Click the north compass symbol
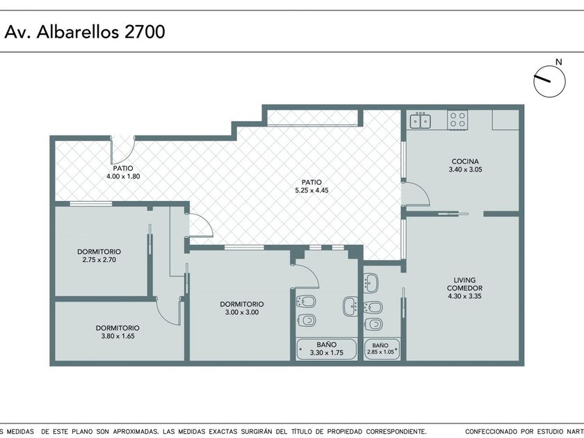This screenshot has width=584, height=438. pyautogui.click(x=549, y=81)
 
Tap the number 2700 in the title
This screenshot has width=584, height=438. pyautogui.click(x=145, y=32)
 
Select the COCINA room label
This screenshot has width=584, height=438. pyautogui.click(x=465, y=161)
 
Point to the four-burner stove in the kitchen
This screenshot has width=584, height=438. pyautogui.click(x=457, y=120)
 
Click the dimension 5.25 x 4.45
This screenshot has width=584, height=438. pyautogui.click(x=311, y=190)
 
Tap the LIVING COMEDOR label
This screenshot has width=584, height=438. pyautogui.click(x=464, y=284)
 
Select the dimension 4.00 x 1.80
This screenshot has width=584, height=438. pyautogui.click(x=123, y=177)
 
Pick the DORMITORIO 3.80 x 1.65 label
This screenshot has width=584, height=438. pyautogui.click(x=117, y=332)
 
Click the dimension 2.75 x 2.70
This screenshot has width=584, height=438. pyautogui.click(x=99, y=259)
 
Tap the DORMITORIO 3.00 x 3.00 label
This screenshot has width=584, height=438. pyautogui.click(x=242, y=308)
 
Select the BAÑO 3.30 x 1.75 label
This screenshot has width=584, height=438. pyautogui.click(x=327, y=348)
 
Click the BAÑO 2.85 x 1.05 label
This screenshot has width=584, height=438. pyautogui.click(x=380, y=348)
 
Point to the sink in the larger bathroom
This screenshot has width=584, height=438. pyautogui.click(x=350, y=306)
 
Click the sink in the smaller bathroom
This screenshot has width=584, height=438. pyautogui.click(x=371, y=283)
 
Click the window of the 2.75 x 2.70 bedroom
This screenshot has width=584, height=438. pyautogui.click(x=91, y=204)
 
